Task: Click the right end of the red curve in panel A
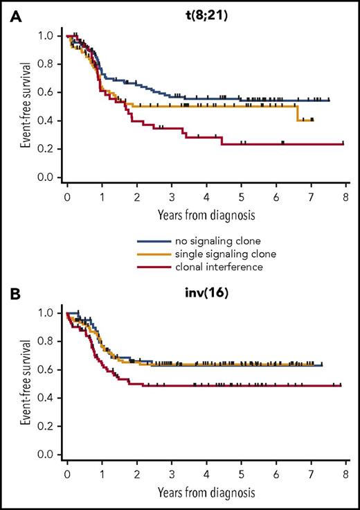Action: pos(344,143)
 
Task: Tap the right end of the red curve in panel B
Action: pos(341,385)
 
